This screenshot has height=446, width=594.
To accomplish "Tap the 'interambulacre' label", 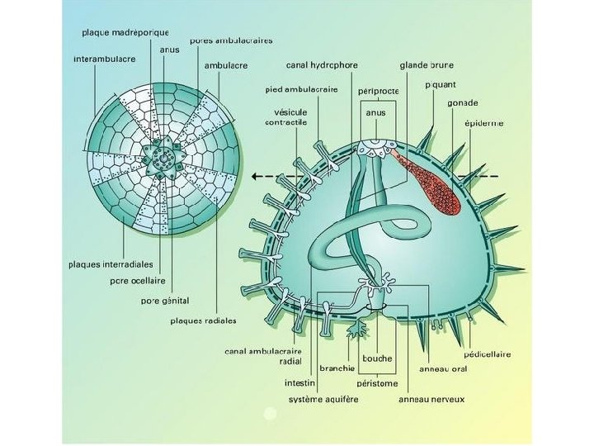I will [x=98, y=59].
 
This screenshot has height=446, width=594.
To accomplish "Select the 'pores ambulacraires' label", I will [x=231, y=39].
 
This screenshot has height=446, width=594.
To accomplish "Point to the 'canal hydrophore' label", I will [x=323, y=64].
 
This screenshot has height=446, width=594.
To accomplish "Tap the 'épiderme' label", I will [x=484, y=123].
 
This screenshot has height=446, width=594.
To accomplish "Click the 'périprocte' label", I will [x=379, y=90].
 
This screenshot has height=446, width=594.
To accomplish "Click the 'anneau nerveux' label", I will [x=431, y=400].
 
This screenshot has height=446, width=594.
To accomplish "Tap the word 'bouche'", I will [x=378, y=358].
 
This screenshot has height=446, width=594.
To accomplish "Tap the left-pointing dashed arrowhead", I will [x=257, y=176].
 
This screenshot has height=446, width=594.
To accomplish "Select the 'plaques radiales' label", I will [x=203, y=320].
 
